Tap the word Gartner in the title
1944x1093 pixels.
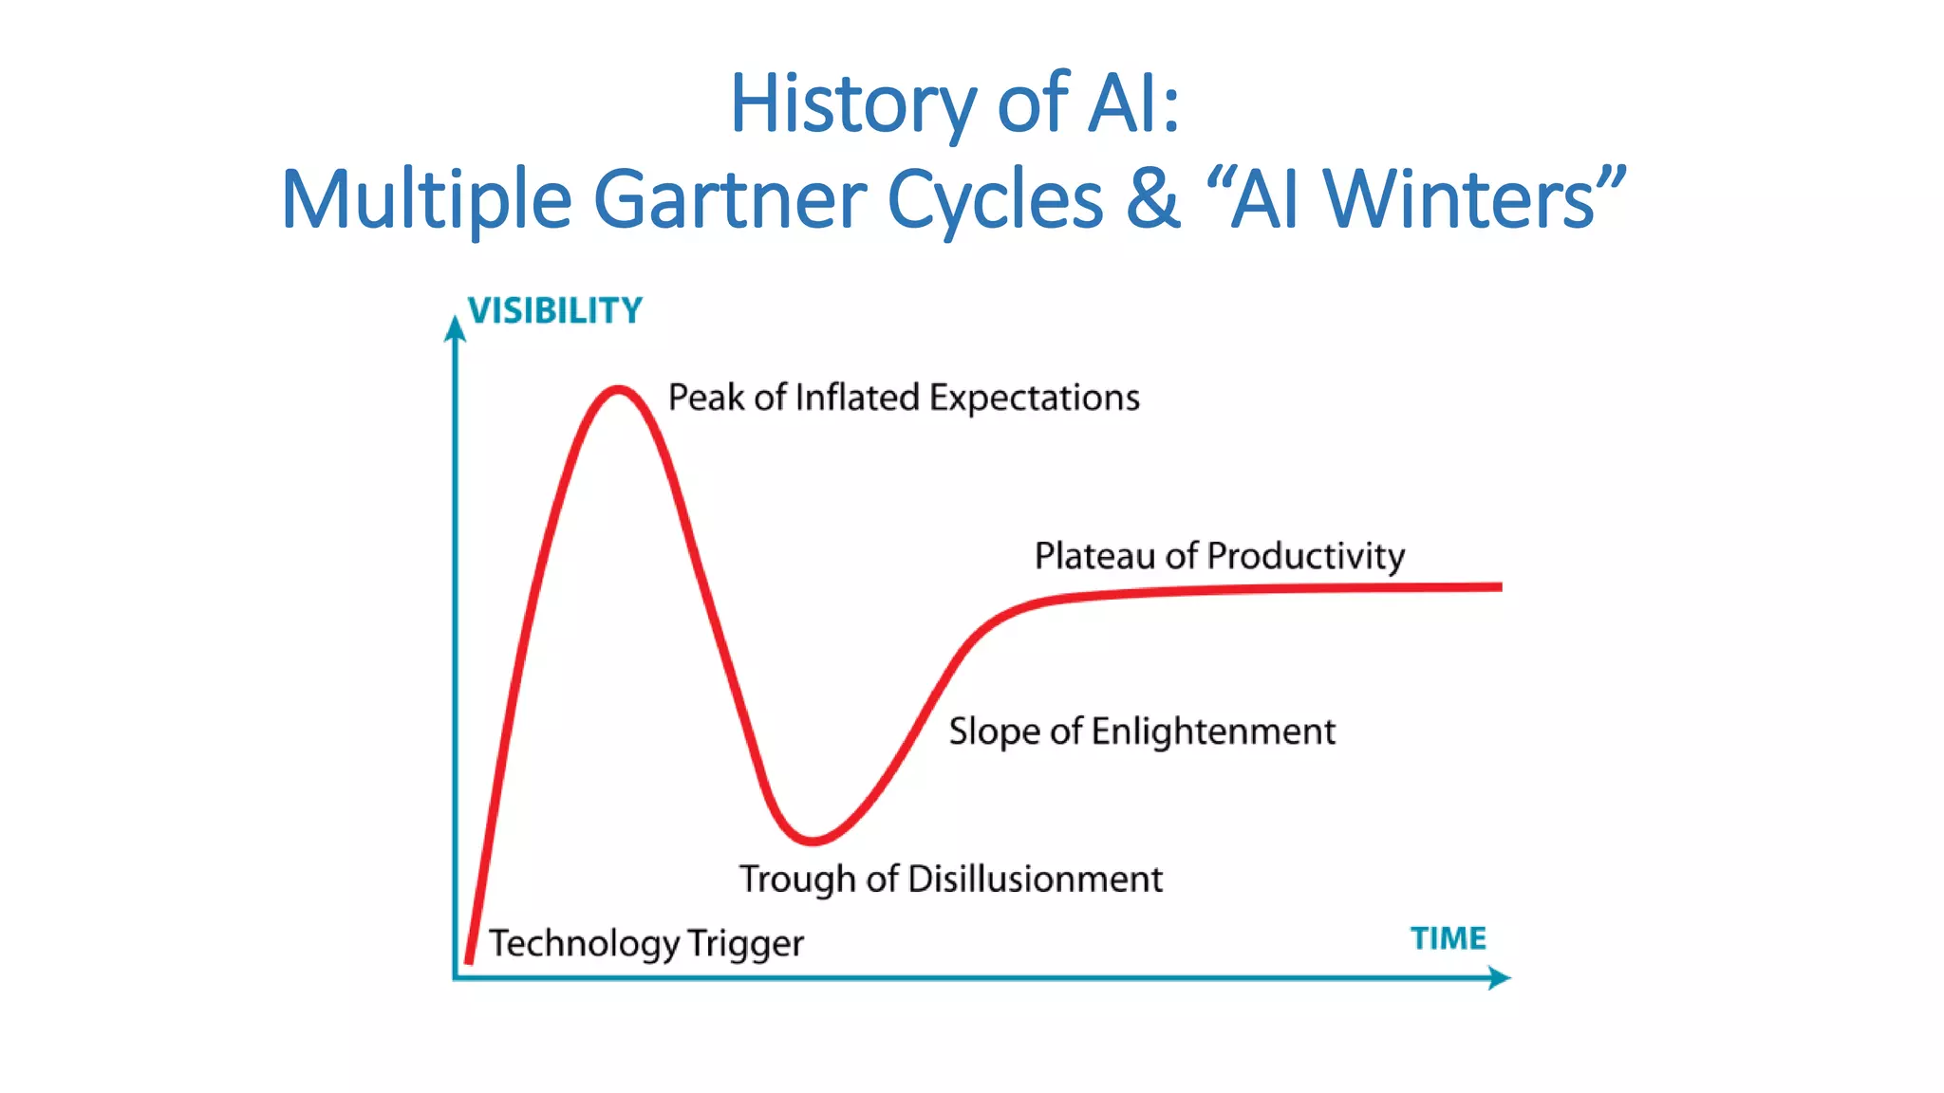tap(729, 199)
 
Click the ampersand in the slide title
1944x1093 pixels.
tap(1153, 199)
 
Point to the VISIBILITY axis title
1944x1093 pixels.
tap(555, 311)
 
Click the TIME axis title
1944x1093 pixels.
tap(1448, 938)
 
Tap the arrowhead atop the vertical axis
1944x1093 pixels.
tap(456, 327)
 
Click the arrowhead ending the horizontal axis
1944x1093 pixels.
tap(1500, 977)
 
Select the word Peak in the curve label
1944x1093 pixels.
tap(706, 398)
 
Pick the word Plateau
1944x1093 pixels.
tap(1095, 556)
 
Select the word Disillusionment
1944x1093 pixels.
tap(1035, 880)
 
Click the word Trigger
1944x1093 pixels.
tap(745, 944)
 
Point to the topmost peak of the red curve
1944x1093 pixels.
tap(619, 388)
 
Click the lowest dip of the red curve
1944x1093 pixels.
tap(813, 840)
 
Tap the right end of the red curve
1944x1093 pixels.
tap(1499, 587)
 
